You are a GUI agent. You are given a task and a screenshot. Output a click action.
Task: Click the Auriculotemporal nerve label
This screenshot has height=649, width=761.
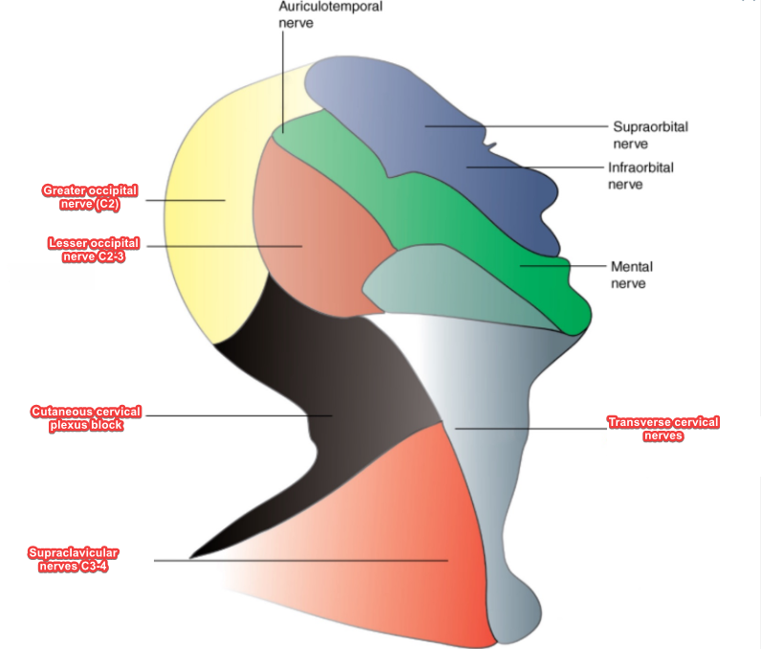pyautogui.click(x=317, y=13)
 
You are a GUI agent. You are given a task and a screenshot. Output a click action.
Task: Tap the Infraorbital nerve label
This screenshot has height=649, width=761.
pyautogui.click(x=641, y=175)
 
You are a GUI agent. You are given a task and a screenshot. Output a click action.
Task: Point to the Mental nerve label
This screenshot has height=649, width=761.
pyautogui.click(x=631, y=275)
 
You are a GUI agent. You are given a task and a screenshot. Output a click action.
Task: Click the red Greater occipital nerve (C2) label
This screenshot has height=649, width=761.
pyautogui.click(x=90, y=198)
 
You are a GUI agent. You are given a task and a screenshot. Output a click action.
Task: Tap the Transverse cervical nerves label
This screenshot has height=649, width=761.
pyautogui.click(x=663, y=428)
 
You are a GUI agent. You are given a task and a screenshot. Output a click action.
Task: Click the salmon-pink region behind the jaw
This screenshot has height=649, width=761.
pyautogui.click(x=306, y=239)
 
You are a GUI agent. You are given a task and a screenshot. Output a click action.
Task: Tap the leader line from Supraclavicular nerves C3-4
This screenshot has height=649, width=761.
pyautogui.click(x=287, y=560)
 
